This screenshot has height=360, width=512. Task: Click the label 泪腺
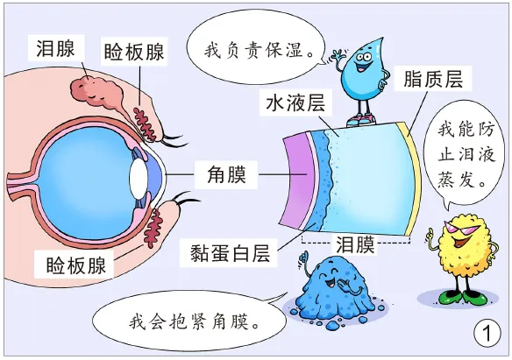point(56,48)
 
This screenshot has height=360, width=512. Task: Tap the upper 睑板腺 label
point(134,52)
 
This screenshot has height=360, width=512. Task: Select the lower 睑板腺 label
point(75,265)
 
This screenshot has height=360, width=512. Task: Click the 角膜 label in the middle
point(226,174)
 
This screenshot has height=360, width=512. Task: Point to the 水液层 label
point(295,102)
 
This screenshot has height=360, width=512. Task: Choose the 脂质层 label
point(433,79)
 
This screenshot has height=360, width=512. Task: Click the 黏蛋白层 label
point(230,253)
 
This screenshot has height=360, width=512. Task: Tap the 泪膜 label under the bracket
point(355,244)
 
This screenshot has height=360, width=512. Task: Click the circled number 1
point(487,333)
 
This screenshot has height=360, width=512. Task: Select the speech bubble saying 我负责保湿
point(256,51)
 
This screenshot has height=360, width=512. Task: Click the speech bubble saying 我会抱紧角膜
point(189,321)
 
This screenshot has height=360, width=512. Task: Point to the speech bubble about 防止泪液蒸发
point(464,153)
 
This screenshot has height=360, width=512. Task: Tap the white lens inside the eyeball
point(139,179)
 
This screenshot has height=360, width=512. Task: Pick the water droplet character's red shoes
point(359,120)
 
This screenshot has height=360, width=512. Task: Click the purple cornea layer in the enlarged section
point(296,181)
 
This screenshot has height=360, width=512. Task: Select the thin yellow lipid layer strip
point(412,178)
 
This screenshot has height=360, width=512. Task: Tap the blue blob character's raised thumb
point(304,257)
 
